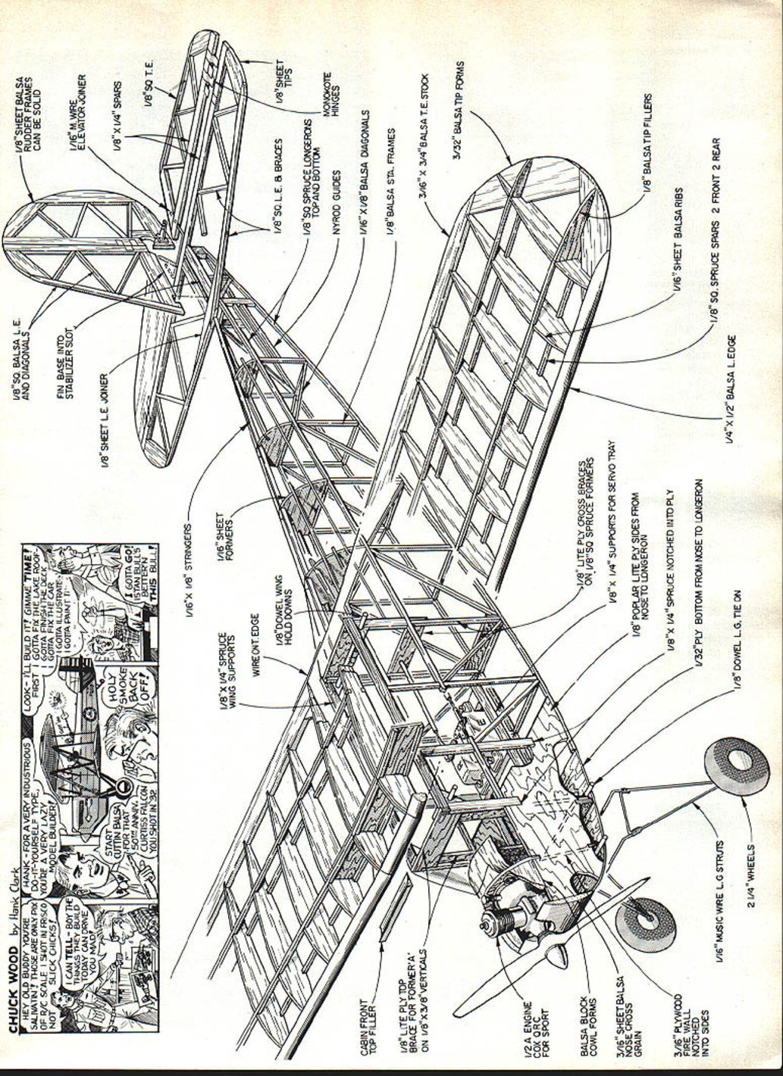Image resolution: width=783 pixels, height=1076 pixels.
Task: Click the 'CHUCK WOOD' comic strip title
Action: [14, 996]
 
